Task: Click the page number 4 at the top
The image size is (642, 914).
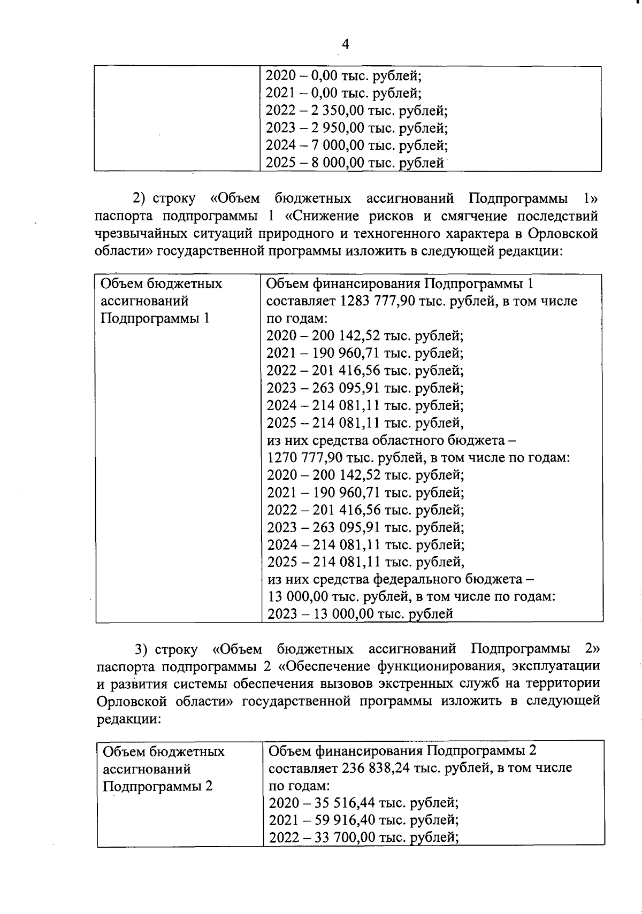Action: click(x=345, y=44)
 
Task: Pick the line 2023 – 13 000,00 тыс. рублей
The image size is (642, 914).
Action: click(x=360, y=614)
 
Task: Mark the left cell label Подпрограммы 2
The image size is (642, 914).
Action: click(x=157, y=786)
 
